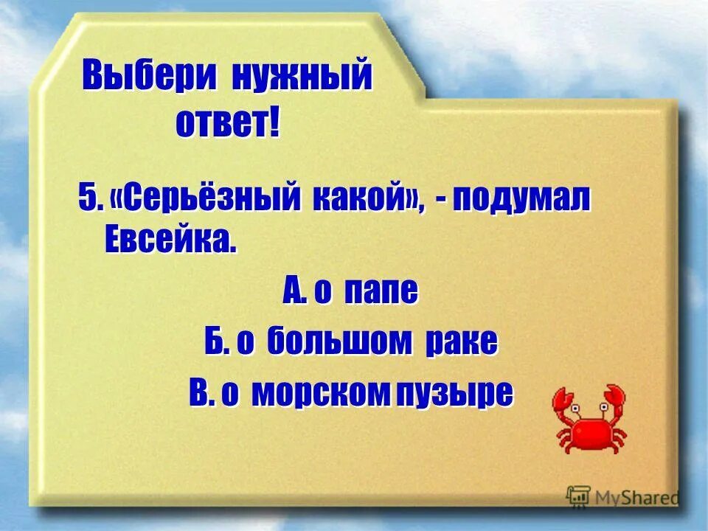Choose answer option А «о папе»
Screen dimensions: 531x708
click(x=350, y=293)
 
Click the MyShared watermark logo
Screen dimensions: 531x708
click(x=623, y=496)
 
